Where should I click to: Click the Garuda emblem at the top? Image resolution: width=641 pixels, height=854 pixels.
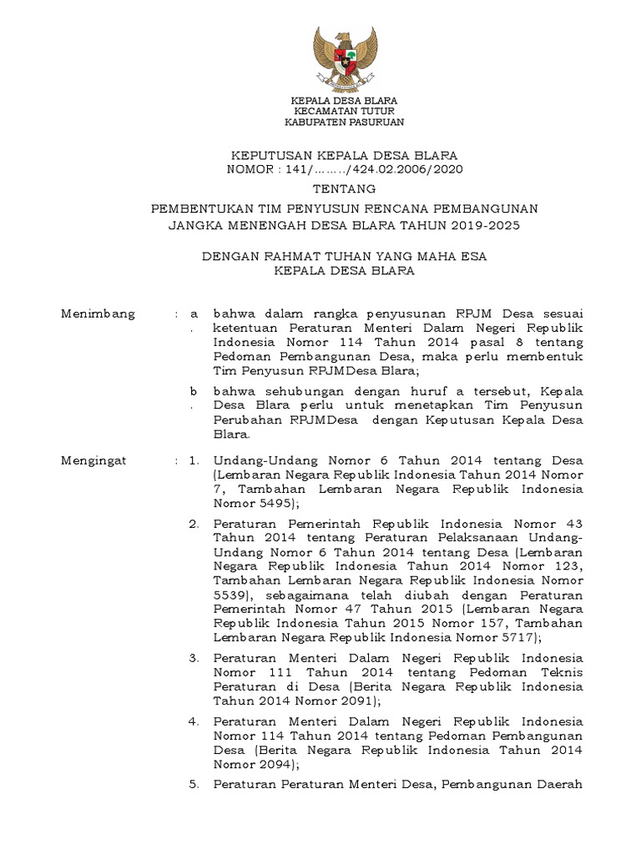pyautogui.click(x=344, y=59)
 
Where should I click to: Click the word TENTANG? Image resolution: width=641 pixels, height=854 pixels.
pyautogui.click(x=344, y=188)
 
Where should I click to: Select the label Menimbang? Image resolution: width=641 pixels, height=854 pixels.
pyautogui.click(x=98, y=314)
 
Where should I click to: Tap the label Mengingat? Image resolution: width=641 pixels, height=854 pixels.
pyautogui.click(x=94, y=460)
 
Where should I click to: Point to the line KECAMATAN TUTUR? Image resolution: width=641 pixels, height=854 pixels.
pyautogui.click(x=344, y=111)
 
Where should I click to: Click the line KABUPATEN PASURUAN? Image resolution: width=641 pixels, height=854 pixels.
pyautogui.click(x=344, y=122)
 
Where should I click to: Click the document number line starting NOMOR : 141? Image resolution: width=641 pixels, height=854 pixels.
pyautogui.click(x=344, y=169)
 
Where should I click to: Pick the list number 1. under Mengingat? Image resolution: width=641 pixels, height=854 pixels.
pyautogui.click(x=194, y=460)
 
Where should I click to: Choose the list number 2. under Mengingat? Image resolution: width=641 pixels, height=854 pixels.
pyautogui.click(x=194, y=525)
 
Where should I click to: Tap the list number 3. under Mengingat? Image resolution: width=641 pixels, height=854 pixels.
pyautogui.click(x=194, y=658)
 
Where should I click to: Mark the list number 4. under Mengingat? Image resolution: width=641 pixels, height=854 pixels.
pyautogui.click(x=194, y=721)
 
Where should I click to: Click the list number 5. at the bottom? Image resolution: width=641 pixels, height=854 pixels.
pyautogui.click(x=194, y=785)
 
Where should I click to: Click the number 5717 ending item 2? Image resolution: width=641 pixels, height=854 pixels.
pyautogui.click(x=519, y=638)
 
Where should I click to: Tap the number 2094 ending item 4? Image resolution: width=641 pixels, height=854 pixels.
pyautogui.click(x=270, y=765)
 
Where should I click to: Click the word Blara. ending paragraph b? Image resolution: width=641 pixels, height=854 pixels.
pyautogui.click(x=231, y=435)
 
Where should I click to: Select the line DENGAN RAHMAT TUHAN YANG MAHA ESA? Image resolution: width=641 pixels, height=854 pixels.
pyautogui.click(x=344, y=258)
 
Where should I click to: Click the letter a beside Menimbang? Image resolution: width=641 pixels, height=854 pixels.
pyautogui.click(x=194, y=314)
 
